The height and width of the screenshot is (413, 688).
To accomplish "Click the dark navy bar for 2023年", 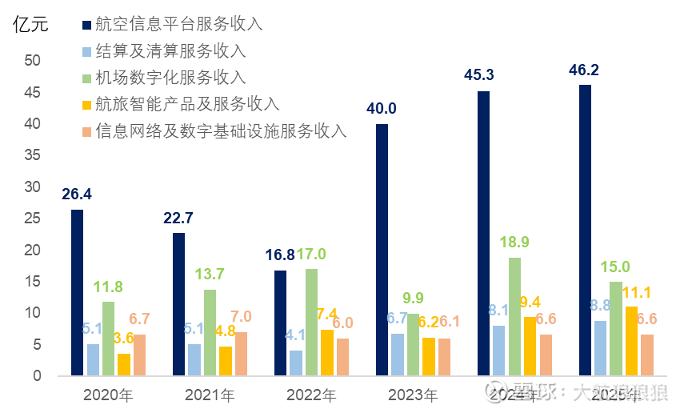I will tap(382, 250).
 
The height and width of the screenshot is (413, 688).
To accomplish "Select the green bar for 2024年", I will tap(514, 316).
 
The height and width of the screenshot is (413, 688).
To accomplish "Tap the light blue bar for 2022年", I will tap(296, 363).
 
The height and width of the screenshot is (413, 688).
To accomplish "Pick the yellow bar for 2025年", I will tap(631, 340).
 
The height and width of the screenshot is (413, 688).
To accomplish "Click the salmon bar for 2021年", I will tap(240, 354).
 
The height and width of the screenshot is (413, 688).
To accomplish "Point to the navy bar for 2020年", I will tap(77, 292).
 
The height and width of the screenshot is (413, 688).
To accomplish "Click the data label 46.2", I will tap(584, 70).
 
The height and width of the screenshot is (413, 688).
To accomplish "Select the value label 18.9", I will tap(514, 243).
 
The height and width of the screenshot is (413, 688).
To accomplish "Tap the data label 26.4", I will tap(77, 194).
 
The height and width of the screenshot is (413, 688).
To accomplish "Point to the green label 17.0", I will tap(312, 254).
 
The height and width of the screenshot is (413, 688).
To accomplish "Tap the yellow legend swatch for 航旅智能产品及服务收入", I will tap(86, 105).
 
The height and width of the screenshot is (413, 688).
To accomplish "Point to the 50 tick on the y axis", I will tap(32, 61).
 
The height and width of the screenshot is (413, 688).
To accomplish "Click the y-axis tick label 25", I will tap(32, 219).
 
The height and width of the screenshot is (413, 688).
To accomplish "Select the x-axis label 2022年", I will tap(311, 395).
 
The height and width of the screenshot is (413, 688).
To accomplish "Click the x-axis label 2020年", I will tap(108, 395).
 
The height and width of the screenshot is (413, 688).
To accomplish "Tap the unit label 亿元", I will tap(30, 24).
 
